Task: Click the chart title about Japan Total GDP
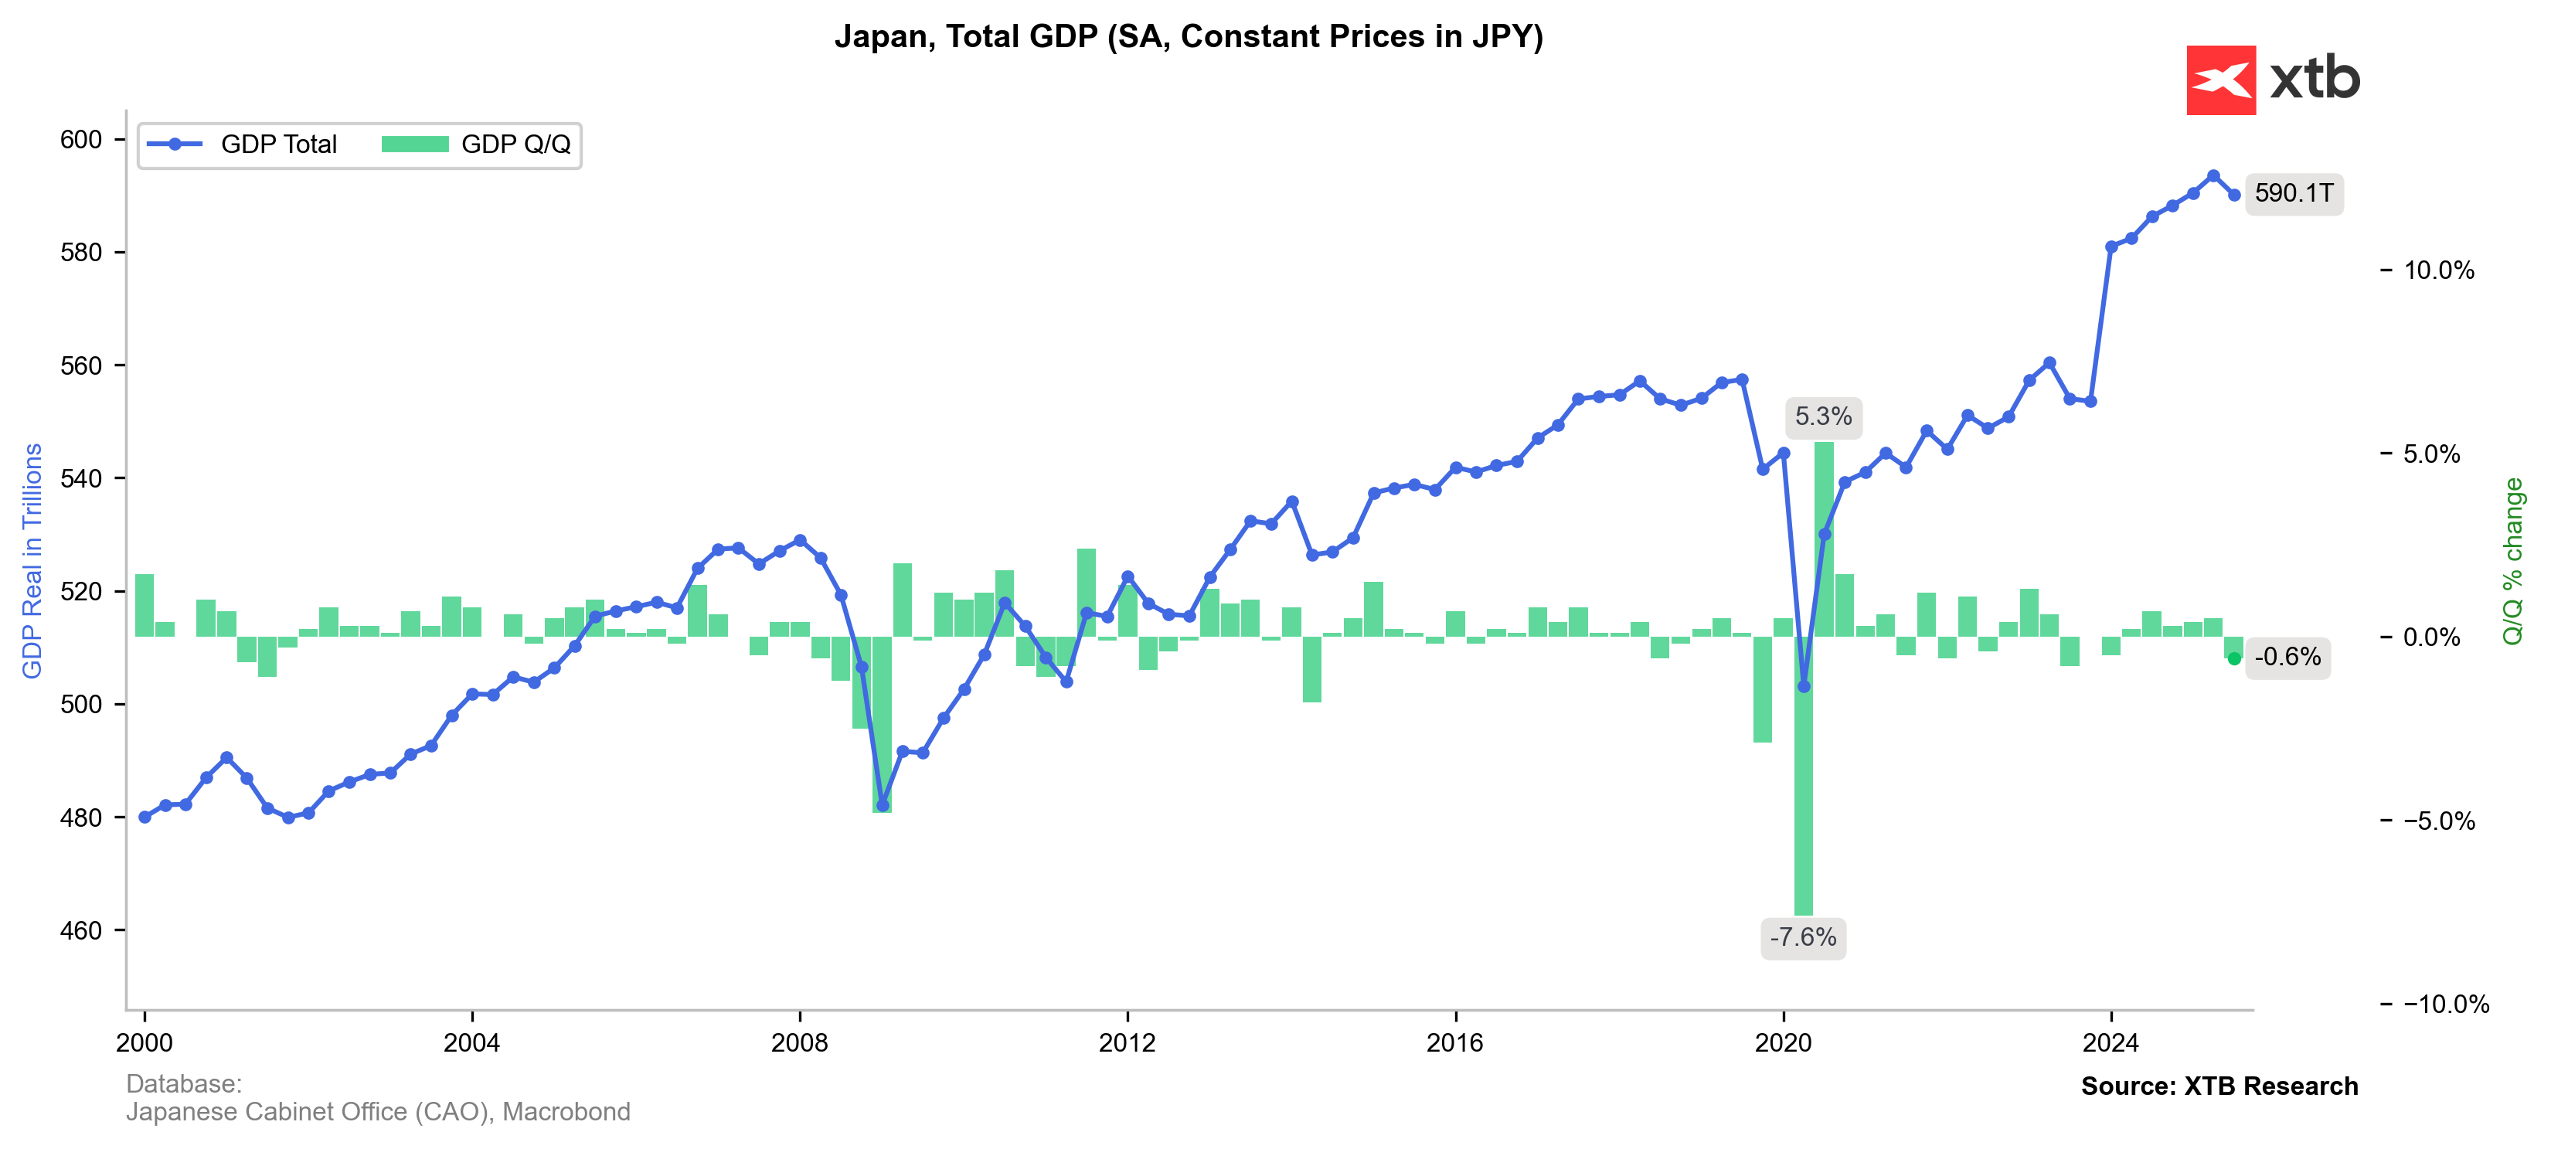(1189, 36)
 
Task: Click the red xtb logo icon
(2221, 80)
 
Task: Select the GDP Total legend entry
(242, 144)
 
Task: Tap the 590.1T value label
(2294, 193)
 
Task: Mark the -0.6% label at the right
(2287, 657)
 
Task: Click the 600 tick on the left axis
(81, 140)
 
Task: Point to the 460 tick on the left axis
(81, 931)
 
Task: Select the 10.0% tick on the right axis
(2438, 270)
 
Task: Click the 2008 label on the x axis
(799, 1042)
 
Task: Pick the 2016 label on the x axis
(1454, 1042)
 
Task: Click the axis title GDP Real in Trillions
(32, 561)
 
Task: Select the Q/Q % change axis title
(2512, 561)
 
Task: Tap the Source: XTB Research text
(2219, 1086)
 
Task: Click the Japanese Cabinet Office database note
(377, 1113)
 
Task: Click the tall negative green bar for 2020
(1804, 793)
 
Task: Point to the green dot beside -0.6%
(2234, 658)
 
